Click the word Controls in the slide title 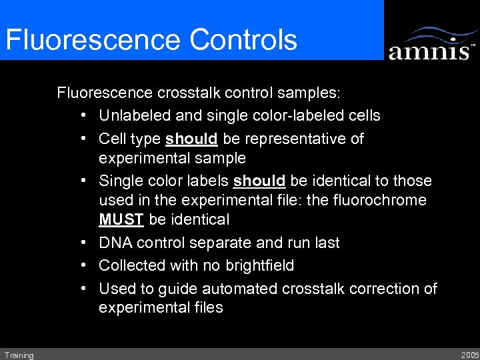click(243, 39)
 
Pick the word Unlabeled click(129, 115)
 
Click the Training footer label click(18, 355)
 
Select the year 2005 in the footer click(469, 355)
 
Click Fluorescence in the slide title click(93, 39)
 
